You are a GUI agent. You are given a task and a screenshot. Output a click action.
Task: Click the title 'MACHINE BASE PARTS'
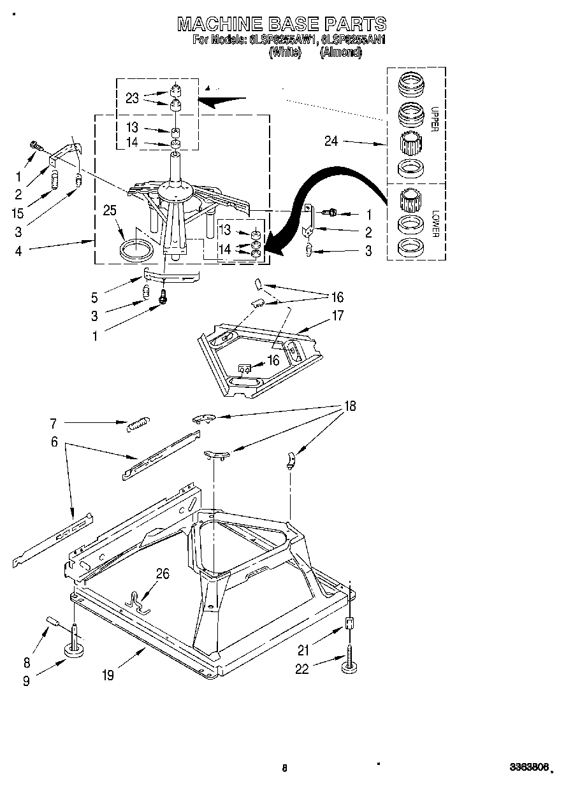pyautogui.click(x=282, y=24)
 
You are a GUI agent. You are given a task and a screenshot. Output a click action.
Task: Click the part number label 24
pyautogui.click(x=331, y=141)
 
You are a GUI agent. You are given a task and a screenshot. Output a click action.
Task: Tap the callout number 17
pyautogui.click(x=337, y=315)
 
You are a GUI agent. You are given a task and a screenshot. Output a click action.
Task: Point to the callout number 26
pyautogui.click(x=163, y=575)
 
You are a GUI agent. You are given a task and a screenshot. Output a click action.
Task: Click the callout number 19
pyautogui.click(x=108, y=675)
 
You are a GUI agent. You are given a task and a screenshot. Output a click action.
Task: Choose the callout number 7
pyautogui.click(x=53, y=422)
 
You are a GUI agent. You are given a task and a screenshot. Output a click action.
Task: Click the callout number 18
pyautogui.click(x=349, y=406)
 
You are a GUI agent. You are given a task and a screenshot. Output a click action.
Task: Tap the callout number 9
pyautogui.click(x=26, y=680)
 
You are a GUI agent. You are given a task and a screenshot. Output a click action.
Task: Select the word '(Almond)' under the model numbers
pyautogui.click(x=341, y=53)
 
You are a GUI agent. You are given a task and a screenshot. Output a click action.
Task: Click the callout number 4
pyautogui.click(x=18, y=251)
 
